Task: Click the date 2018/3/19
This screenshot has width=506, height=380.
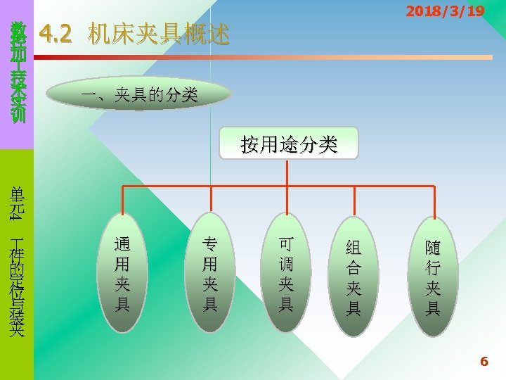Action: point(445,11)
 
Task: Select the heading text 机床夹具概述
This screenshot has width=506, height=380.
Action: point(159,33)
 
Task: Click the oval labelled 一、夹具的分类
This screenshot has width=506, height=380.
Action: point(138,93)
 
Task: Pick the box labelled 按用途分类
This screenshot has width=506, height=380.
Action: point(289,144)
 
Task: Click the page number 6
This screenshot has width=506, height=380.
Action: point(484,362)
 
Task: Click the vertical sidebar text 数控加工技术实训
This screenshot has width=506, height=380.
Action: point(18,71)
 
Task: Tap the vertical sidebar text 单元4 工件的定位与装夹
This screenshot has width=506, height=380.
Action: point(18,260)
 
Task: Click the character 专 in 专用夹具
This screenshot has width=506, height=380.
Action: point(209,245)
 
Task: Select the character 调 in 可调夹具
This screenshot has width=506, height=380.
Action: point(286,265)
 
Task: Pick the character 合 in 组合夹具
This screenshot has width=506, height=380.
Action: point(353,268)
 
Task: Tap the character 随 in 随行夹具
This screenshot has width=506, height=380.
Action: point(433,248)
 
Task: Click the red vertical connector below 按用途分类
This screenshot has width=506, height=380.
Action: point(289,173)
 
